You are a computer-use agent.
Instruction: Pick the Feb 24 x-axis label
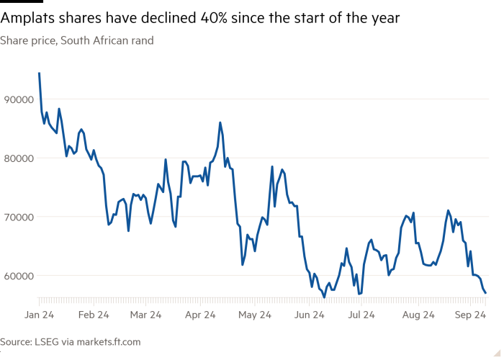[93, 315]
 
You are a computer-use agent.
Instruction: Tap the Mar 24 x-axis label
[146, 315]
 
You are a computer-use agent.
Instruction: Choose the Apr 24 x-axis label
[201, 315]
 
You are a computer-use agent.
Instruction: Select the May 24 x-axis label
[254, 315]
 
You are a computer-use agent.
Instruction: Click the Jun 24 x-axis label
[309, 315]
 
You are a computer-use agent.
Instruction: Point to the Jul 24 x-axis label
[361, 315]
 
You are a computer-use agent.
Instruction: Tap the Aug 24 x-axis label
[418, 315]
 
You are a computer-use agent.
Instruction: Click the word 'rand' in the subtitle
[141, 41]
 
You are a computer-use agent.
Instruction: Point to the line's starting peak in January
[39, 73]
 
